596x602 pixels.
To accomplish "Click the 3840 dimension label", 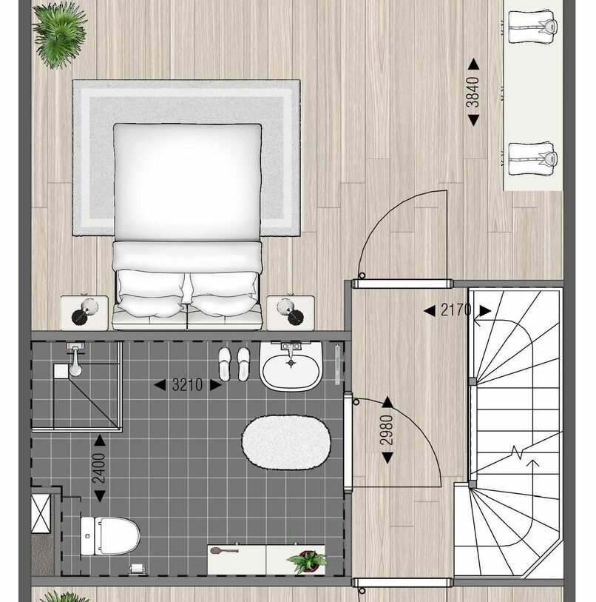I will point(473,93).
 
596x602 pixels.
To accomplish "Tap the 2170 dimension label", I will point(456,310).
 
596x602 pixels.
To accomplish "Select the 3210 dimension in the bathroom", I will point(186,385).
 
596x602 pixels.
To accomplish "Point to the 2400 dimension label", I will point(99,469).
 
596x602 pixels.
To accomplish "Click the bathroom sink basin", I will point(291,366).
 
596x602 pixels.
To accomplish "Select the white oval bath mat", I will point(285,441).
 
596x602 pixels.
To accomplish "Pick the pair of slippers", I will point(234,364).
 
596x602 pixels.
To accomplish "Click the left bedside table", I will point(84,312).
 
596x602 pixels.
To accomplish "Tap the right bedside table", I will point(291,312).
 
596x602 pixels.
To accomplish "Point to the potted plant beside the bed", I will point(59,33).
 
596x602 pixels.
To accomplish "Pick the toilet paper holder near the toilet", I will point(136,569).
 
